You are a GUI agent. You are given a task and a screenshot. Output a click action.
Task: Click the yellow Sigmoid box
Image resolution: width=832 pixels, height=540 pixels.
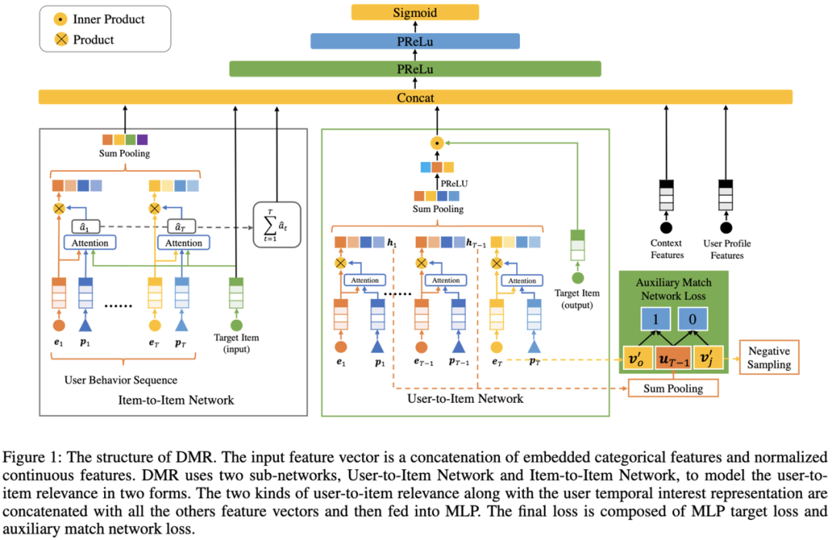[x=415, y=12]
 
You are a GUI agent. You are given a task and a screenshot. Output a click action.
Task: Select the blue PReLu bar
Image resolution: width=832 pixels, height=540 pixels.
[x=415, y=41]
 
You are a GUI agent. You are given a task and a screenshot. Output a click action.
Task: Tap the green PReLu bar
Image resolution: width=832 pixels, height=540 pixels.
[x=415, y=69]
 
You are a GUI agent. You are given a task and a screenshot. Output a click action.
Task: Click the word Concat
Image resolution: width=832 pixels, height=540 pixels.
[x=415, y=98]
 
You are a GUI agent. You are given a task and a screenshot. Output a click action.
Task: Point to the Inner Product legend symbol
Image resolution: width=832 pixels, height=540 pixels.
[x=60, y=19]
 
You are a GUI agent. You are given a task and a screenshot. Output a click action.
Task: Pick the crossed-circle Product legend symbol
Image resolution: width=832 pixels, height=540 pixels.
[x=60, y=39]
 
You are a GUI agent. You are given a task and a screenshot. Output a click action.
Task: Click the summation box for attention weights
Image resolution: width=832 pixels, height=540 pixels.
[x=277, y=224]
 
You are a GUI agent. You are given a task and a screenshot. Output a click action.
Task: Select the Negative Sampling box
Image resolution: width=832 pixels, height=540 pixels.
[x=770, y=358]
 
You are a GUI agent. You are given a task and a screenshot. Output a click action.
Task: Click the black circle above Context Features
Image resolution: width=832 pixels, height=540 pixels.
[x=666, y=227]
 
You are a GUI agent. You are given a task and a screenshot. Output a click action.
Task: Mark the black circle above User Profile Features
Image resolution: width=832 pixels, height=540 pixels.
[x=726, y=227]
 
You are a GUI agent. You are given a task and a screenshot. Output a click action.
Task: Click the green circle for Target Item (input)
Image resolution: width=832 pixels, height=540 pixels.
[x=237, y=325]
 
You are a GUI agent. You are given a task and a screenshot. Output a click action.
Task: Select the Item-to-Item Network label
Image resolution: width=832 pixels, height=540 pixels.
[x=176, y=400]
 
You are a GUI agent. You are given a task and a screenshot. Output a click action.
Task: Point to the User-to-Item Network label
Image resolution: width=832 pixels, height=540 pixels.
[x=465, y=398]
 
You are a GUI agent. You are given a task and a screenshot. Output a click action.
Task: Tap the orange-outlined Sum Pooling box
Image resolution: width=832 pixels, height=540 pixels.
[x=673, y=388]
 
